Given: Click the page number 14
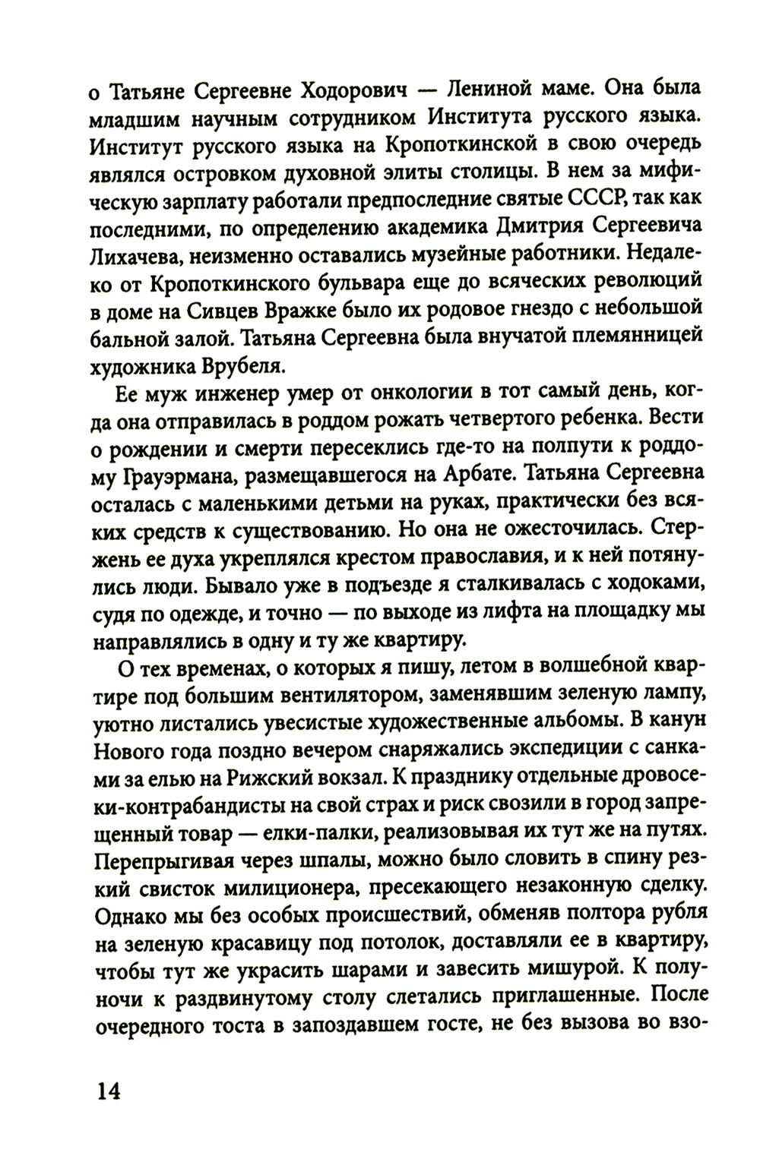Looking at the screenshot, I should point(109,1091).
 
